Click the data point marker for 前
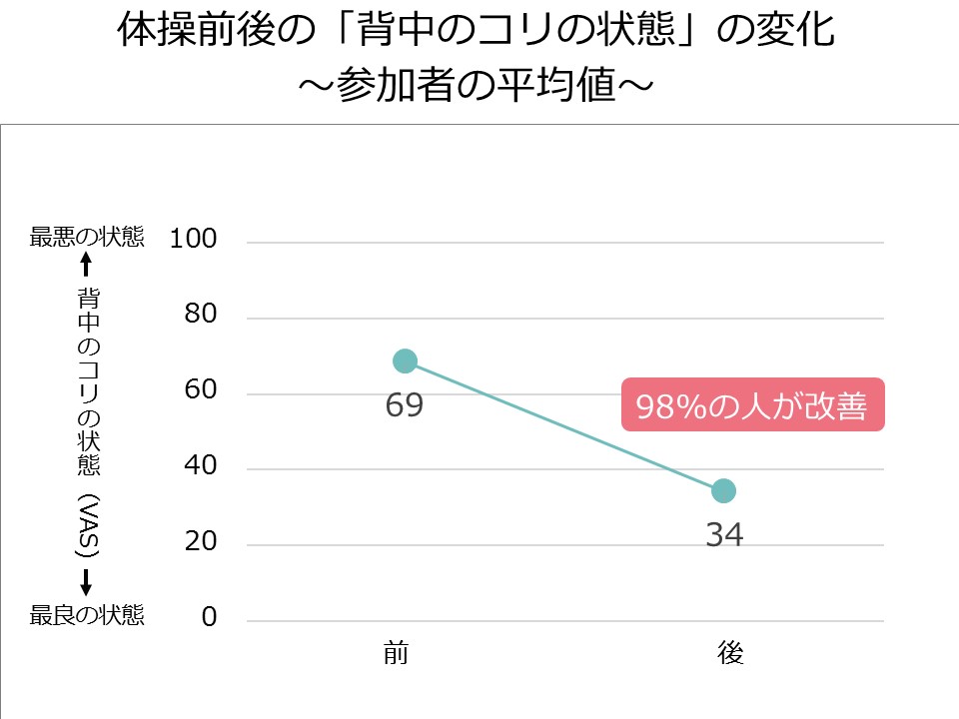[x=405, y=360]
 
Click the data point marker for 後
[x=724, y=490]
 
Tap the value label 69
[x=405, y=405]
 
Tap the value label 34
[x=724, y=535]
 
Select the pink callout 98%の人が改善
[x=753, y=405]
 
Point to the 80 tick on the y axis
[x=201, y=315]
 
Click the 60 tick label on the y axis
[x=201, y=390]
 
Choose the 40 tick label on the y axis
[x=201, y=466]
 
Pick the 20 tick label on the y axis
[x=201, y=542]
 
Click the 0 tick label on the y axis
[x=209, y=617]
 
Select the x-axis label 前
[x=396, y=654]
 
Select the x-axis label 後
[x=730, y=654]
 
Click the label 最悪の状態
[x=87, y=238]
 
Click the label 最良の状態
[x=87, y=615]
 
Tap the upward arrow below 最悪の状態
[x=86, y=265]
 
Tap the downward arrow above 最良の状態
[x=87, y=582]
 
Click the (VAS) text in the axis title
[x=87, y=524]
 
